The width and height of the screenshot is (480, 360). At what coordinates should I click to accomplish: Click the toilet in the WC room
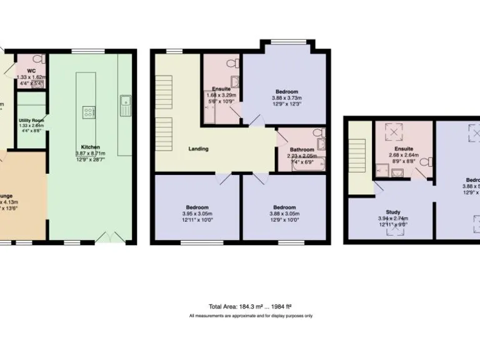(38, 60)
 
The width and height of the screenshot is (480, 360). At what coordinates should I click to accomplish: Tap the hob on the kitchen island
(87, 112)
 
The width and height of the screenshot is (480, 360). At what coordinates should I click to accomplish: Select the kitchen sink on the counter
(125, 102)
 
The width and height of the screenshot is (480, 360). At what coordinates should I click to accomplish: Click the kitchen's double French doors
(104, 239)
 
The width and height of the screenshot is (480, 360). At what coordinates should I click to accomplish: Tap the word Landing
(198, 149)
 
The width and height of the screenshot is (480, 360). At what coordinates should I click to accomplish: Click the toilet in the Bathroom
(319, 133)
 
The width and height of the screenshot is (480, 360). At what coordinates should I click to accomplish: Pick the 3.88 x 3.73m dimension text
(286, 97)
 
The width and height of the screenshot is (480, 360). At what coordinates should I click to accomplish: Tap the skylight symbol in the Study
(394, 230)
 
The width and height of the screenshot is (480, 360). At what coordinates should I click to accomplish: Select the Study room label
(392, 212)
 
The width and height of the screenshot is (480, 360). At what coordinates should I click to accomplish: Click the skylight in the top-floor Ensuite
(394, 132)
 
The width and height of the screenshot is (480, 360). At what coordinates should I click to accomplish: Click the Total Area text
(251, 307)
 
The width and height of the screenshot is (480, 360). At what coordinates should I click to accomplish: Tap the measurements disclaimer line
(251, 316)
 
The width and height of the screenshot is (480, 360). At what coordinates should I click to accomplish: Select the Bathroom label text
(301, 149)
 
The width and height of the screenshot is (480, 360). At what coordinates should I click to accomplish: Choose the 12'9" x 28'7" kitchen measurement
(90, 160)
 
